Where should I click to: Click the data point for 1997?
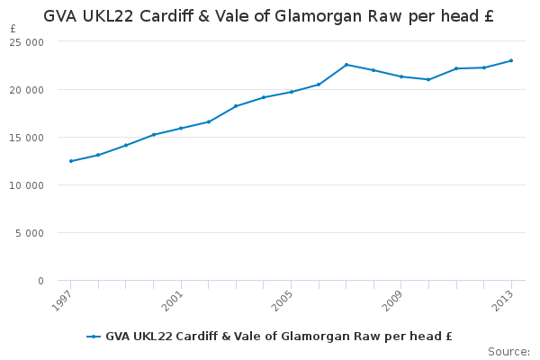(x=71, y=161)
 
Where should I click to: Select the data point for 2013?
(x=511, y=60)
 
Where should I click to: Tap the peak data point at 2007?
(x=346, y=65)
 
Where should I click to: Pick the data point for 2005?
(x=292, y=92)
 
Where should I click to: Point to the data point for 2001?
(x=181, y=128)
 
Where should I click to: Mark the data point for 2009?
(x=401, y=76)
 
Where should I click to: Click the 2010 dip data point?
(x=428, y=79)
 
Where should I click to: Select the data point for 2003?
(x=236, y=106)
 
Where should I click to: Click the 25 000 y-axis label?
(x=27, y=42)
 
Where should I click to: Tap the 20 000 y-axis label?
(x=27, y=90)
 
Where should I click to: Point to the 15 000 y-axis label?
(x=27, y=138)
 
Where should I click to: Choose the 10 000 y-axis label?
(x=27, y=185)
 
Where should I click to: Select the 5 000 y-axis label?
(x=30, y=233)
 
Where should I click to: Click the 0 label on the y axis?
(x=41, y=281)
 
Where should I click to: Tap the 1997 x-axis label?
(x=62, y=301)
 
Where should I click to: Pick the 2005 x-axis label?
(x=283, y=301)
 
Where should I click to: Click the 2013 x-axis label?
(x=503, y=301)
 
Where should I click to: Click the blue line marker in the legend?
(x=94, y=337)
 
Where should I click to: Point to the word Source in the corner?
(x=507, y=352)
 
